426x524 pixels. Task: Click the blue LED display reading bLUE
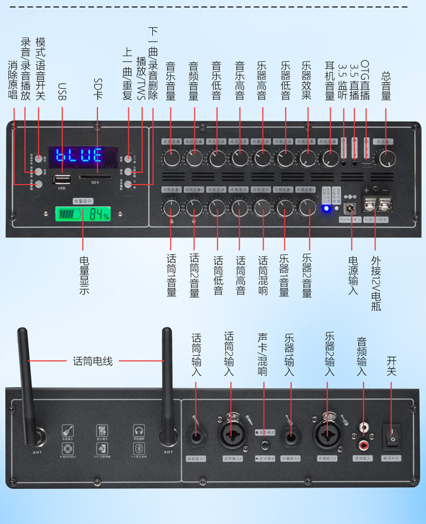point(83,155)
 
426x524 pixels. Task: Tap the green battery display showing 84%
point(82,215)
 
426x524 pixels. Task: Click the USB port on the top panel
point(61,180)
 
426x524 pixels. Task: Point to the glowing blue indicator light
point(327,209)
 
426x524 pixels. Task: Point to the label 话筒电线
point(93,361)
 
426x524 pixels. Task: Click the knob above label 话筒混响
point(262,207)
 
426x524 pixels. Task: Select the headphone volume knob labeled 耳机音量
point(329,159)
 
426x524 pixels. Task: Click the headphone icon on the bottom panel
point(138,430)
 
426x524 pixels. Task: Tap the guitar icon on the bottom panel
point(67,430)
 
